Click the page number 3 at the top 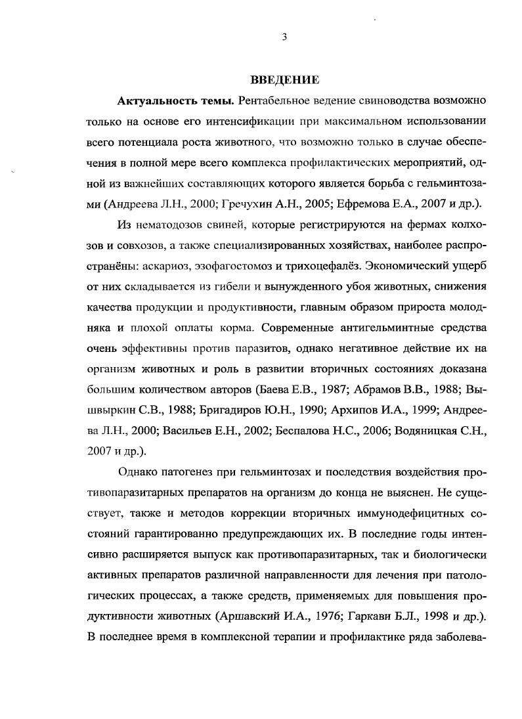284,37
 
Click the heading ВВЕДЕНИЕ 284,80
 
